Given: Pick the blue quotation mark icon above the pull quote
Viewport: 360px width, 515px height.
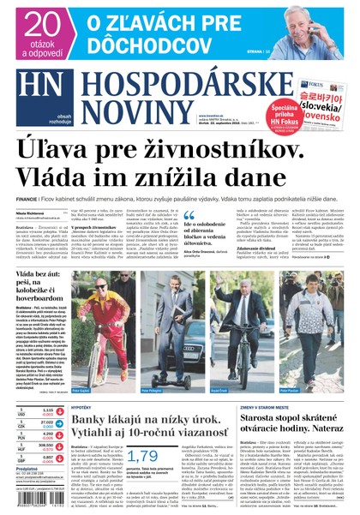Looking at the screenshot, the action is click(189, 217).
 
